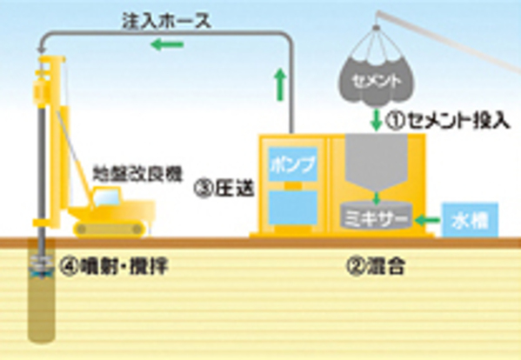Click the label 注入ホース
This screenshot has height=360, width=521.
coord(167,21)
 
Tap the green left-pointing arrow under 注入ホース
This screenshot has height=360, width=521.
coord(167,44)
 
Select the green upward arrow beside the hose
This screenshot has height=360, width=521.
coord(281,84)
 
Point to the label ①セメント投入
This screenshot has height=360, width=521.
coord(447,120)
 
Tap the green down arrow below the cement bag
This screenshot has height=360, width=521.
coord(376,119)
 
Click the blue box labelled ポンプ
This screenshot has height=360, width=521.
coord(293,164)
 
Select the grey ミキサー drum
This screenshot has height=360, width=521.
coord(376,216)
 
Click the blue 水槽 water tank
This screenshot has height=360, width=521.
coord(470,220)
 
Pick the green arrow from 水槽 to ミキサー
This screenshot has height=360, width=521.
coord(427,219)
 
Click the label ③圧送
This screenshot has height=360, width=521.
coord(224,189)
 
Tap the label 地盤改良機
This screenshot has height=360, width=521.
coord(137,173)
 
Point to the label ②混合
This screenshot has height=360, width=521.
coord(376,266)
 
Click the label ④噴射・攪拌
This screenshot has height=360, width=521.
coord(114,266)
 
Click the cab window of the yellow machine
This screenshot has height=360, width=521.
coord(106,197)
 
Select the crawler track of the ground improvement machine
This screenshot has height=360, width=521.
coord(110,230)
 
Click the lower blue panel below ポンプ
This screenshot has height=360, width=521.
coord(293,207)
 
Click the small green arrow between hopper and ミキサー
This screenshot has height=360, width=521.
coord(376,198)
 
